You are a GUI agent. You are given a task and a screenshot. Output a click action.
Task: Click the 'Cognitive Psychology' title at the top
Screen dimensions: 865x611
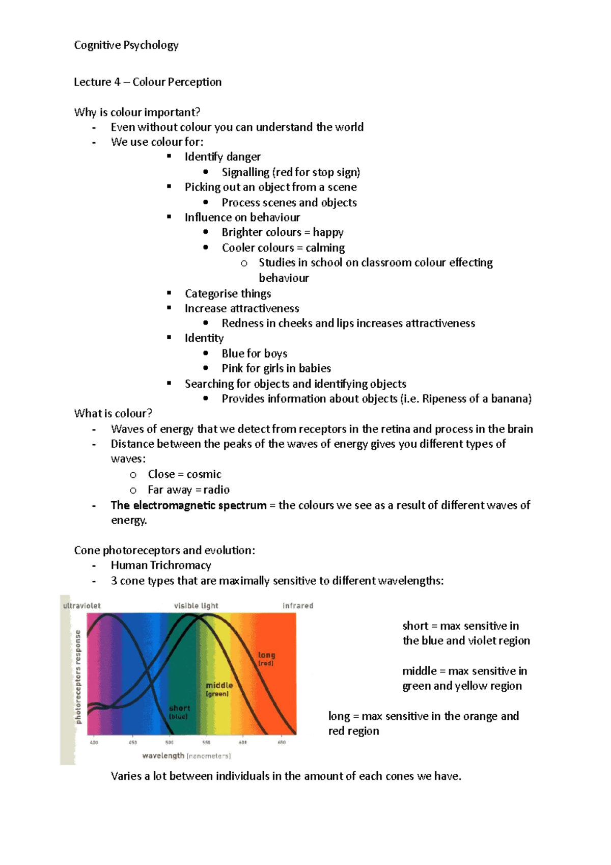[x=126, y=45]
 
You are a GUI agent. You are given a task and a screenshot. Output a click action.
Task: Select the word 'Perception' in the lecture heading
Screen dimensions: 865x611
[x=195, y=82]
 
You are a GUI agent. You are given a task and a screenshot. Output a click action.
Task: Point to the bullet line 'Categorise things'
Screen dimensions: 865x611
[x=228, y=293]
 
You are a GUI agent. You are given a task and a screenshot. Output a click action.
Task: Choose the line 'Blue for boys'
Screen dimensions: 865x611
[x=254, y=354]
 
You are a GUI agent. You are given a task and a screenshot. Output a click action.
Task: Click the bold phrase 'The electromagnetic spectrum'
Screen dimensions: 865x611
[x=188, y=505]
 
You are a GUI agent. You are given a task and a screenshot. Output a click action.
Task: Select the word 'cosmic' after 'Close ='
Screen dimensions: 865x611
[x=204, y=474]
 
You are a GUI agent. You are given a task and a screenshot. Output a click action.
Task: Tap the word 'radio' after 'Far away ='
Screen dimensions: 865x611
[x=216, y=490]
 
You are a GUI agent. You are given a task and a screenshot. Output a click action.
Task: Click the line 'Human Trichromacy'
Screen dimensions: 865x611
[x=161, y=565]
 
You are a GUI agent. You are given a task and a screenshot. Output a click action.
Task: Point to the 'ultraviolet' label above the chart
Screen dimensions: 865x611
[x=82, y=606]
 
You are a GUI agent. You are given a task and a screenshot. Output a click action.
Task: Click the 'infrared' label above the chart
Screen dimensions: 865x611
[x=298, y=606]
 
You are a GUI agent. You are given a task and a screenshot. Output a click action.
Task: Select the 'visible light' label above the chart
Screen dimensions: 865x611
[x=196, y=606]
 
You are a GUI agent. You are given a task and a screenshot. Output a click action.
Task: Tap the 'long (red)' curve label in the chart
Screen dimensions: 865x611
[x=266, y=659]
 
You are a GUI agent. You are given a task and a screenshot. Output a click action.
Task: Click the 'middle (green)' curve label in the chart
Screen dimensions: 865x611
[x=219, y=689]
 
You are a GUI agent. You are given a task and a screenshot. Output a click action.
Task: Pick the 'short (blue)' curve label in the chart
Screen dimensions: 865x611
[x=179, y=712]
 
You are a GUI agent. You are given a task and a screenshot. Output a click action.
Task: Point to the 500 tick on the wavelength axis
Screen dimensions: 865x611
[x=170, y=742]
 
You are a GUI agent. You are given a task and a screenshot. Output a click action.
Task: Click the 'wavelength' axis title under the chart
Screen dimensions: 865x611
[x=163, y=755]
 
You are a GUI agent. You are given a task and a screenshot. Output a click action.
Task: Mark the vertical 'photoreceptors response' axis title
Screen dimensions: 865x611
[x=78, y=677]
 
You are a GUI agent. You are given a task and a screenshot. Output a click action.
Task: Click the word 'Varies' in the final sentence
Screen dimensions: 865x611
[x=125, y=776]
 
